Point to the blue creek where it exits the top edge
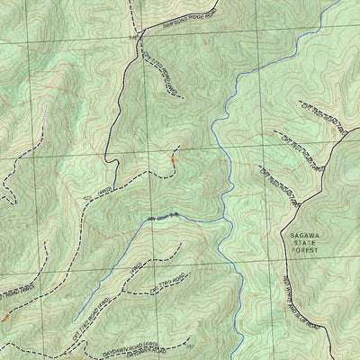(340, 2)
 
